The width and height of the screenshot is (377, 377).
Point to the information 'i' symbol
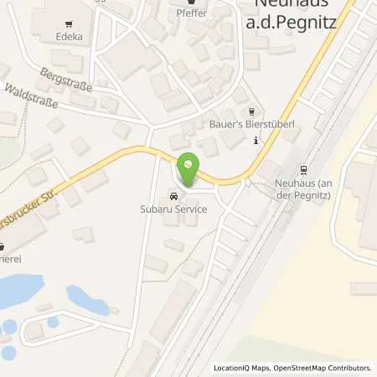(x=256, y=140)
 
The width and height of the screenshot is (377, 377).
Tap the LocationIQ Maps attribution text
(x=242, y=368)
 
